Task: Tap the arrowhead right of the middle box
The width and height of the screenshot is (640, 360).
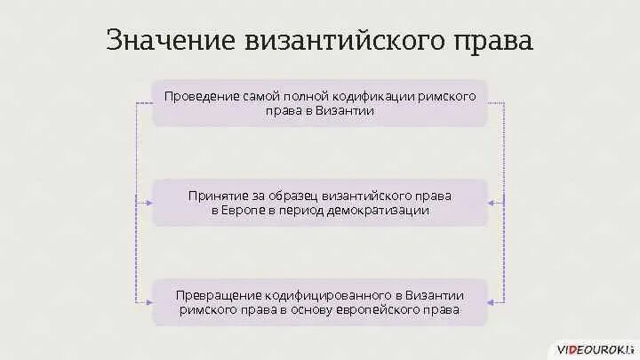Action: click(x=491, y=203)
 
